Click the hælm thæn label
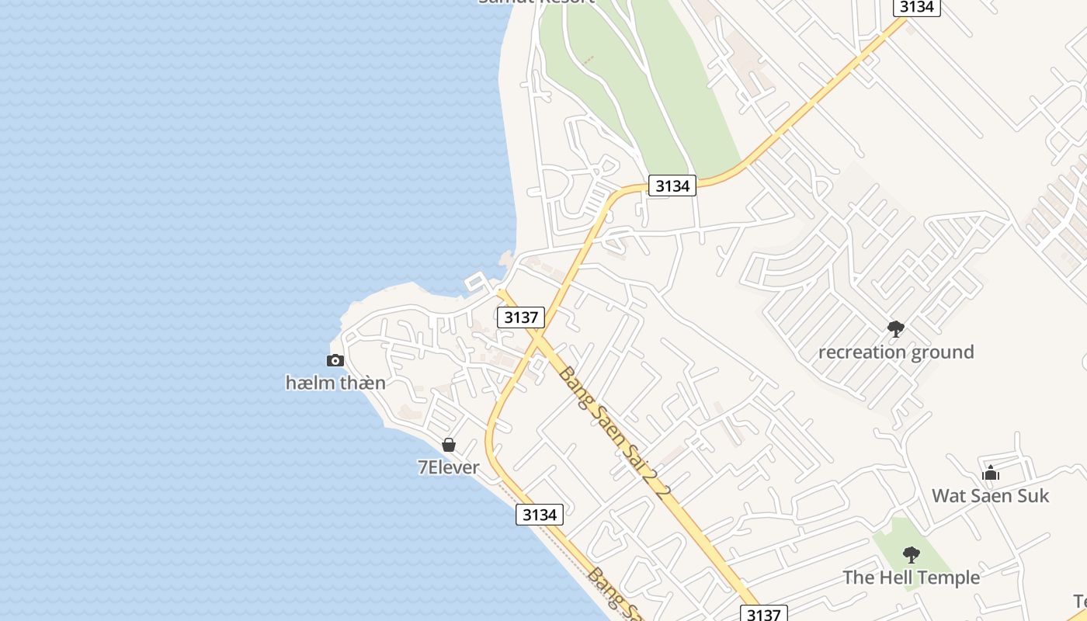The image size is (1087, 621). coord(335,383)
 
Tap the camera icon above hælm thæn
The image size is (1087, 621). coord(335,360)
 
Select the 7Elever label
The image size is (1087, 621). coord(449,467)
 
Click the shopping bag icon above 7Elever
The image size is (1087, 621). coord(449,445)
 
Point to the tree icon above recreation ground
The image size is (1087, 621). coord(896,329)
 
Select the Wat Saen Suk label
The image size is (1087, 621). coord(990,495)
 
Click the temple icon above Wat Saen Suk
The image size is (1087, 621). coord(991,473)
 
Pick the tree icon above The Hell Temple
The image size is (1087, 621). coord(912,555)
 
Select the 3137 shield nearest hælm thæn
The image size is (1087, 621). coord(520,317)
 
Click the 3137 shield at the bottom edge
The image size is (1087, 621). coord(764,614)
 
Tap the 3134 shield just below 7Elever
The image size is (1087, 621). coord(540,515)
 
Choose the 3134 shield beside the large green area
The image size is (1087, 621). coord(672,186)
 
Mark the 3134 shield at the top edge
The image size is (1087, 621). coord(917,7)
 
